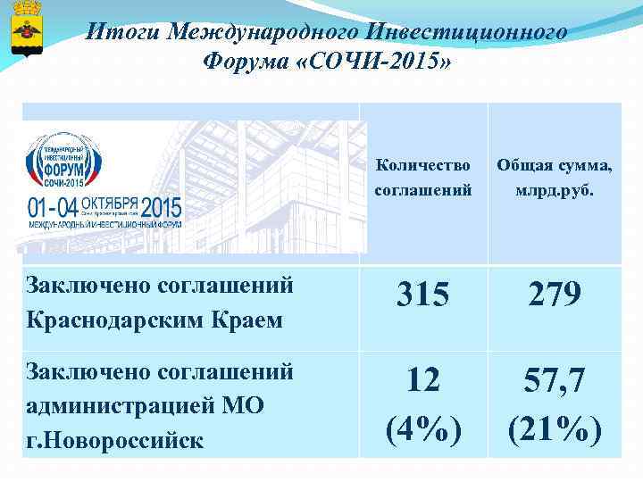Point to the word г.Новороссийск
tap(116, 440)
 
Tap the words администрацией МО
tap(146, 404)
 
